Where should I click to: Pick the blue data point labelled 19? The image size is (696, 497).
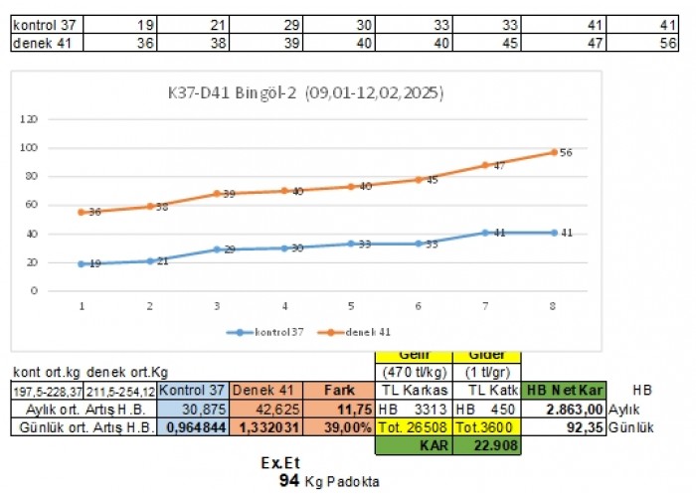[81, 263]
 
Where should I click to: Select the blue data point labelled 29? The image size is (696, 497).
[217, 249]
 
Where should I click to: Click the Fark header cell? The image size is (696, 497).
[340, 390]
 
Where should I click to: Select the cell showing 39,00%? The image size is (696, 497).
[340, 427]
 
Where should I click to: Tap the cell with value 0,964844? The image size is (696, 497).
[194, 427]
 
